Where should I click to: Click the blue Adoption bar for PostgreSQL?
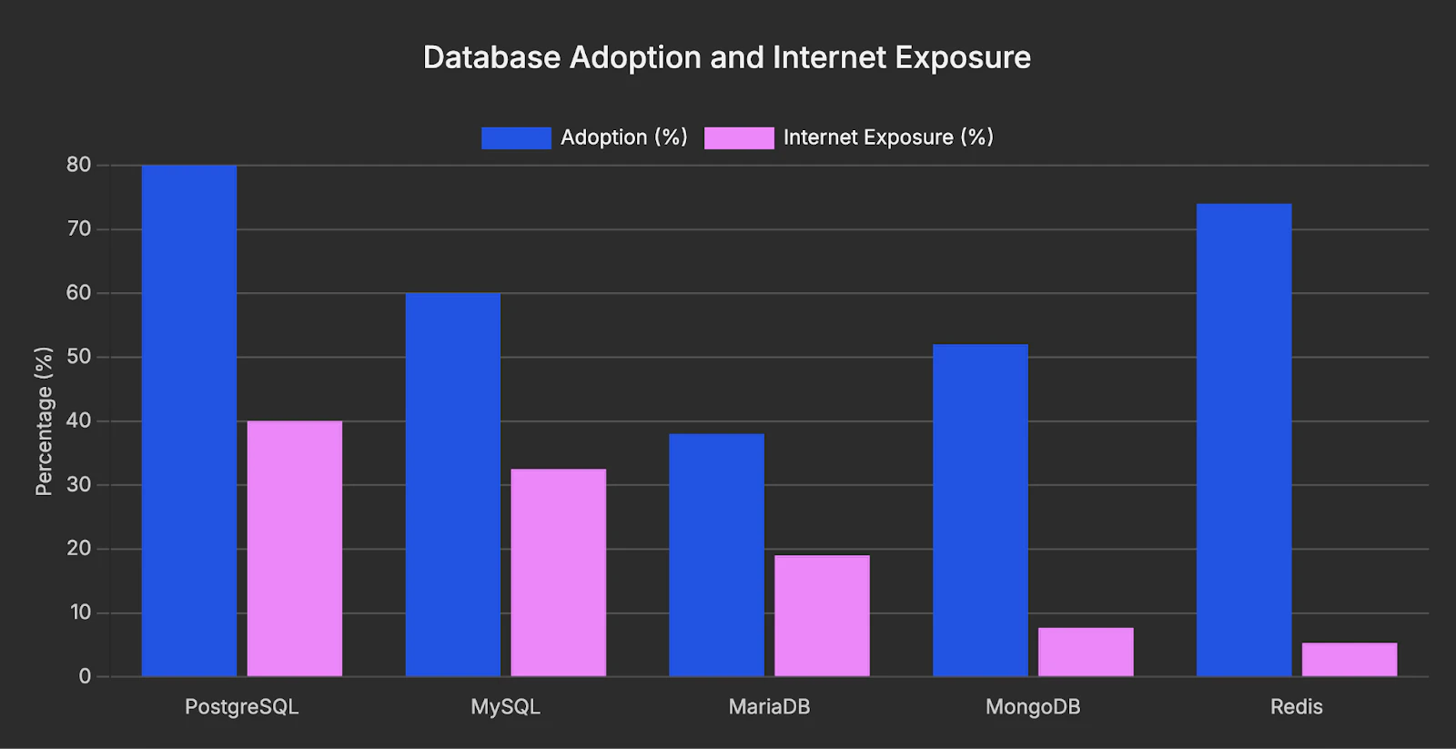pos(189,420)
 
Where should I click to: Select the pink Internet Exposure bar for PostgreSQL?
pos(295,548)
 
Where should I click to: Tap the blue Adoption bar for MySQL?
pos(453,484)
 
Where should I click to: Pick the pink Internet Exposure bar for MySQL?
pos(559,572)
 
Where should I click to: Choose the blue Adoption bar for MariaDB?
pos(717,554)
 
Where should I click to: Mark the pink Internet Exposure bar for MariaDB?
pos(823,615)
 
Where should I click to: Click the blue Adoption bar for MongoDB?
pos(980,510)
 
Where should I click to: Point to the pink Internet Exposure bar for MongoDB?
pos(1086,652)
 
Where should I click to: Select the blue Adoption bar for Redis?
pos(1244,440)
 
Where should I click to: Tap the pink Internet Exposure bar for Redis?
pos(1350,659)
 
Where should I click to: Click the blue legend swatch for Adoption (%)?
pos(516,137)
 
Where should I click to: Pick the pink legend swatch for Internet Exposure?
pos(739,137)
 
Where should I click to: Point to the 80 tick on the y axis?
pos(79,165)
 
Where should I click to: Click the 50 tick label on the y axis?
pos(79,357)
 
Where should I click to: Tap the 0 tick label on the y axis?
pos(85,676)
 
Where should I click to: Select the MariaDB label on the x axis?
pos(769,707)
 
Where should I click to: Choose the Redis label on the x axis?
pos(1296,707)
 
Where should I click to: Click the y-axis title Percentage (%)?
pos(44,420)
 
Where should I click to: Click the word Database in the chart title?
pos(491,57)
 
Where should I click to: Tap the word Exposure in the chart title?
pos(963,57)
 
